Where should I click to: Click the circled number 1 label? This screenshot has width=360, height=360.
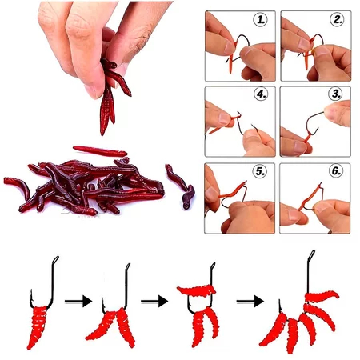[x=260, y=20]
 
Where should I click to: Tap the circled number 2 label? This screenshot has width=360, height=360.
[x=337, y=19]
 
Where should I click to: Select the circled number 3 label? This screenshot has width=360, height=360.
[x=336, y=94]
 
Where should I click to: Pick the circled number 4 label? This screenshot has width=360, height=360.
[x=261, y=94]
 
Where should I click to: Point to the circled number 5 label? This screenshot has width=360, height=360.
[x=260, y=171]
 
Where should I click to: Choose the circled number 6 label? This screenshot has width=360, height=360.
[x=336, y=170]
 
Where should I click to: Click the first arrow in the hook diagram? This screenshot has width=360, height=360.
[x=78, y=302]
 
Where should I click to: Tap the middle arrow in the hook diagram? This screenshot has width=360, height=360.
[x=154, y=302]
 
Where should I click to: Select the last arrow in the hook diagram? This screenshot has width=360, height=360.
[x=250, y=302]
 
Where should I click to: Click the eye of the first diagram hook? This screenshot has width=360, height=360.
[x=55, y=260]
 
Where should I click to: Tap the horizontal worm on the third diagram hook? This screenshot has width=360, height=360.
[x=196, y=290]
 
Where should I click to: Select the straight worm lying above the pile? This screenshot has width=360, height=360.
[x=100, y=151]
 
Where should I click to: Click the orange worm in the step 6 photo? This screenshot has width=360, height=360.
[x=310, y=196]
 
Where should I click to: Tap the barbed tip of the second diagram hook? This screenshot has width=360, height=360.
[x=103, y=301]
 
